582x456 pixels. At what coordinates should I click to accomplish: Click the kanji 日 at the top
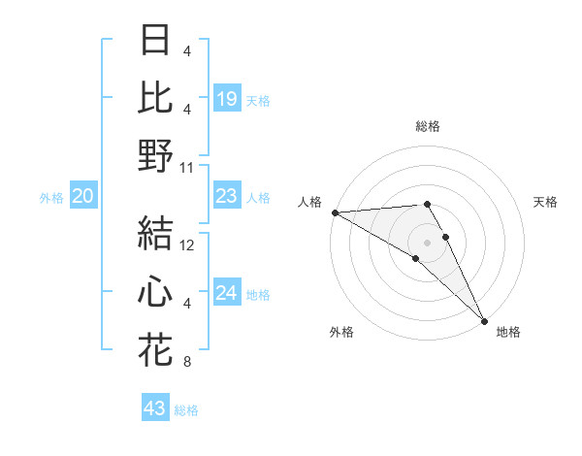pyautogui.click(x=156, y=41)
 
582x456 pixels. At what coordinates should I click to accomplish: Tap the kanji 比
pyautogui.click(x=156, y=97)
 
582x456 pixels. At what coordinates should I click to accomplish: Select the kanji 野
pyautogui.click(x=156, y=155)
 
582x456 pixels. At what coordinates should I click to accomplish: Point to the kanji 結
pyautogui.click(x=156, y=233)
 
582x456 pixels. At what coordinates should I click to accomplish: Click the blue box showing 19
pyautogui.click(x=226, y=98)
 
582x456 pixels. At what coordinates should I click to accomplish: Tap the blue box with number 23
pyautogui.click(x=226, y=197)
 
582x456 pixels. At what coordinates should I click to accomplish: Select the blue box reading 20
pyautogui.click(x=82, y=197)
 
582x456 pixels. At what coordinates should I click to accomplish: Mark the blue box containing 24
pyautogui.click(x=226, y=294)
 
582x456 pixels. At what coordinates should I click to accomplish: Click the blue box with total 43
pyautogui.click(x=154, y=408)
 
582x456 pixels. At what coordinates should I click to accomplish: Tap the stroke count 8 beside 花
pyautogui.click(x=187, y=363)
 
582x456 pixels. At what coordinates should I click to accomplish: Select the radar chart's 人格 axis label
pyautogui.click(x=308, y=202)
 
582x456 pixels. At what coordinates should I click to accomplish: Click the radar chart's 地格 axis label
pyautogui.click(x=508, y=332)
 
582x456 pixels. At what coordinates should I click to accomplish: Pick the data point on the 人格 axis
pyautogui.click(x=335, y=212)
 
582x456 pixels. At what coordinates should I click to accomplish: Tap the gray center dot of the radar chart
pyautogui.click(x=427, y=242)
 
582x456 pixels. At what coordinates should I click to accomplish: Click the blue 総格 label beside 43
pyautogui.click(x=186, y=410)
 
